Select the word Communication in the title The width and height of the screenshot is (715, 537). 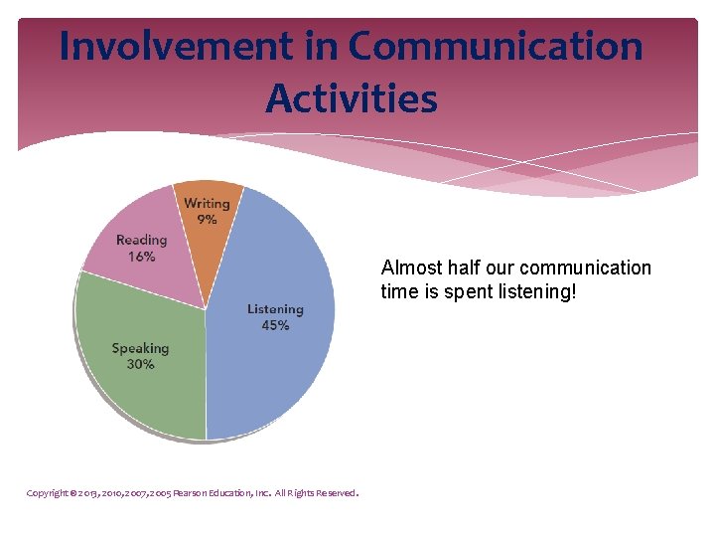(x=496, y=47)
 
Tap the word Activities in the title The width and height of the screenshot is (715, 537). (x=352, y=98)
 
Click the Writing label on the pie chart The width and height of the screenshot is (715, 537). (x=207, y=204)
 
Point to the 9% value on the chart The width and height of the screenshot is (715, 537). (x=207, y=219)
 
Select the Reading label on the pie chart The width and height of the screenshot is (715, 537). (x=141, y=241)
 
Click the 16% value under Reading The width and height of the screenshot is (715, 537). (x=141, y=257)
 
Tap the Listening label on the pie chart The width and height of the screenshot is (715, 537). (x=275, y=309)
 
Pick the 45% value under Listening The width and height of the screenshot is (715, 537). (x=275, y=325)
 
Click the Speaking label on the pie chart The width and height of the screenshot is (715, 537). (x=140, y=348)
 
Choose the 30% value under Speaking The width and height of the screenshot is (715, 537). (x=140, y=364)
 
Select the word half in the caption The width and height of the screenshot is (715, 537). (x=465, y=268)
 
